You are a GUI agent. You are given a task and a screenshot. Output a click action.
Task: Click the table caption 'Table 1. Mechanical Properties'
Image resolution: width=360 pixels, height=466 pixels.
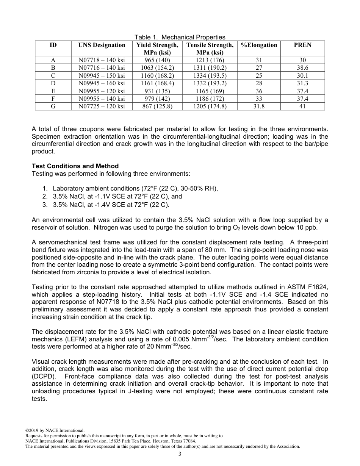point(180,37)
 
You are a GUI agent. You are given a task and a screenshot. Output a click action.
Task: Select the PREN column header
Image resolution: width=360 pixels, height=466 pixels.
point(302,45)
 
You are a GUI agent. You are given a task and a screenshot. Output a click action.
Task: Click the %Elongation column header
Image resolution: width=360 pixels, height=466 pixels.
point(259,45)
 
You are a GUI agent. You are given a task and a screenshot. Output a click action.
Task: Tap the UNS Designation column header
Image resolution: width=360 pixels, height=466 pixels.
point(102,45)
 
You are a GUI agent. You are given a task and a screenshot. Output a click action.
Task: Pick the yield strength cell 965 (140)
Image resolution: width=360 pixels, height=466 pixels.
point(157,60)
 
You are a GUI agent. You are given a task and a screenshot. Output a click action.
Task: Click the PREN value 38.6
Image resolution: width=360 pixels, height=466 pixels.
point(302,68)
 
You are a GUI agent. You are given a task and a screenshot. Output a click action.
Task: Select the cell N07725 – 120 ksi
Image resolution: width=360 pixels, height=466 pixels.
point(102,106)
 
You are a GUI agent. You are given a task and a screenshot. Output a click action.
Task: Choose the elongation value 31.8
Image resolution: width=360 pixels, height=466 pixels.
point(259,106)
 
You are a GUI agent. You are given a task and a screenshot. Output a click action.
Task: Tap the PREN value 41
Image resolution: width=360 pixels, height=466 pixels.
point(302,106)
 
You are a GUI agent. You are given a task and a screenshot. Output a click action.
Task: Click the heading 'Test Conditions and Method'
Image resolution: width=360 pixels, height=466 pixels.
point(75,166)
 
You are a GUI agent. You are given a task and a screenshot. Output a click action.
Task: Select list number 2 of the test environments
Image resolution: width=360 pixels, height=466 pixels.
point(45,197)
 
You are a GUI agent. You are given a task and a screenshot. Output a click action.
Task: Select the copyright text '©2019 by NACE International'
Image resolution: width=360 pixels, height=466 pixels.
point(55,430)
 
